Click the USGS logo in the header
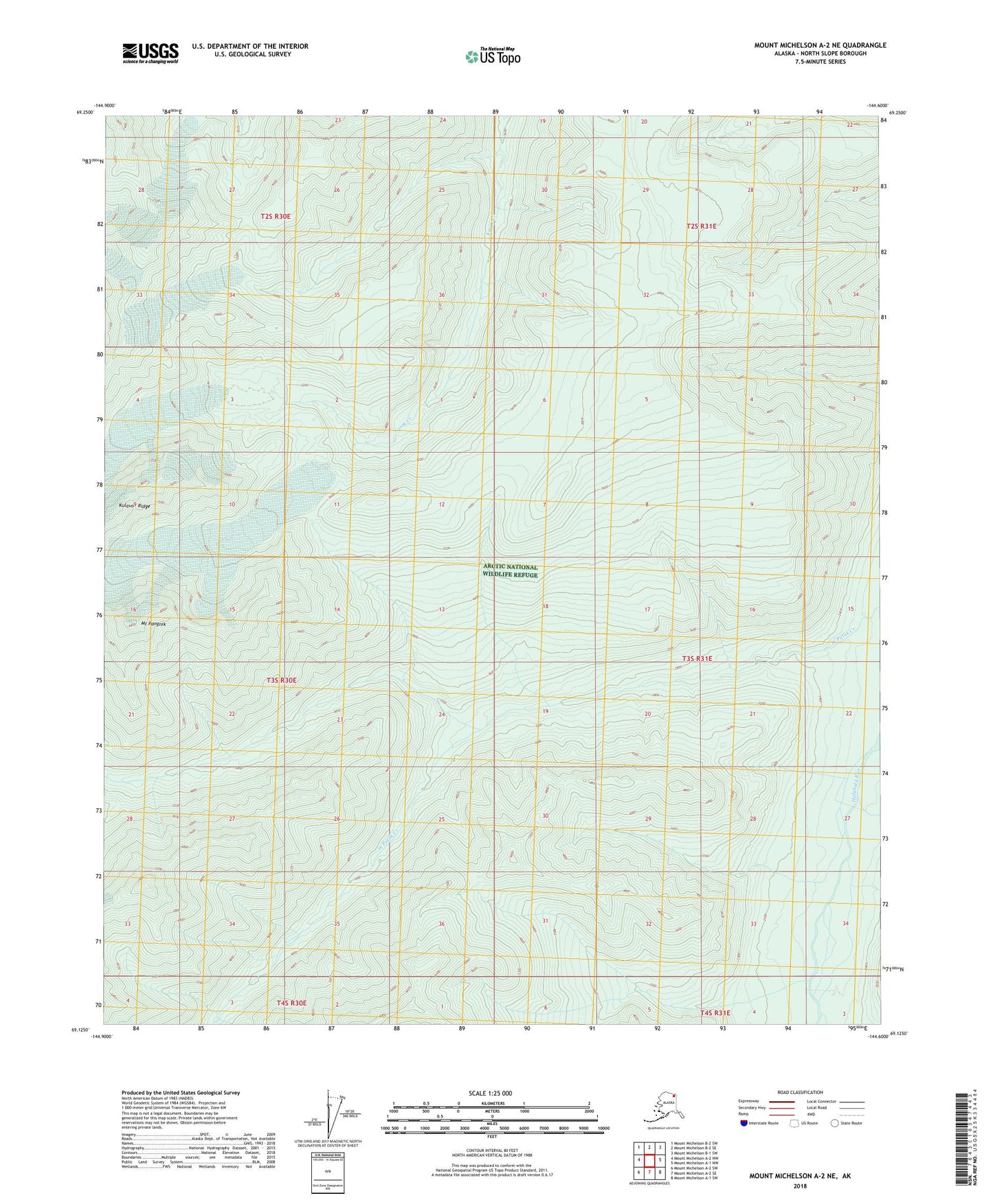click(x=150, y=53)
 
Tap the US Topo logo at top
click(x=492, y=56)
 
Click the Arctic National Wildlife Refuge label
click(x=510, y=570)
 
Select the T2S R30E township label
click(x=276, y=216)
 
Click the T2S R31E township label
click(x=701, y=226)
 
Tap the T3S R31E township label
click(x=697, y=658)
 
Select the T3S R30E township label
click(x=281, y=680)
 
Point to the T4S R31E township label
click(x=715, y=1013)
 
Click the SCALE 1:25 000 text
click(x=491, y=1093)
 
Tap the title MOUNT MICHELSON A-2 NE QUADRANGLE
click(x=820, y=45)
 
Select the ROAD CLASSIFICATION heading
click(x=800, y=1092)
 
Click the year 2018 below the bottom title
click(x=799, y=1186)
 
